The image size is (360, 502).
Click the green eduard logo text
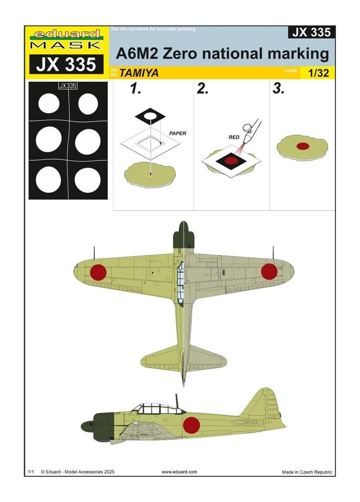67,34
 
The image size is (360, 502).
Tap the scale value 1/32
319,74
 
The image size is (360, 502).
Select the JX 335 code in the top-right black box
311,33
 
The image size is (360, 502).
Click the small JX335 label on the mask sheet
68,86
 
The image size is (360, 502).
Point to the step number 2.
203,89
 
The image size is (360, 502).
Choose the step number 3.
278,89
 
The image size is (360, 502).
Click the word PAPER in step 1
178,133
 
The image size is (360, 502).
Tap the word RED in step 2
234,138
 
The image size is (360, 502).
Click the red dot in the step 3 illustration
302,145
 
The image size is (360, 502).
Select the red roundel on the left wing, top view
98,272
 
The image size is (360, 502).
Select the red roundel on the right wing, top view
269,272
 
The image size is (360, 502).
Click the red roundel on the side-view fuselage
191,425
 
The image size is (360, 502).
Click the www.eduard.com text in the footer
180,472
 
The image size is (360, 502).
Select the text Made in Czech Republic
307,472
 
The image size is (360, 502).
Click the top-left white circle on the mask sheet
49,103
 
